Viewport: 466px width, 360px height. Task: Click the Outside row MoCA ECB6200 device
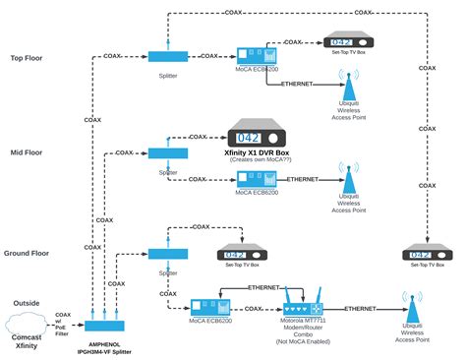(x=208, y=308)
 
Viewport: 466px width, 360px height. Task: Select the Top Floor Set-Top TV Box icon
(x=349, y=42)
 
